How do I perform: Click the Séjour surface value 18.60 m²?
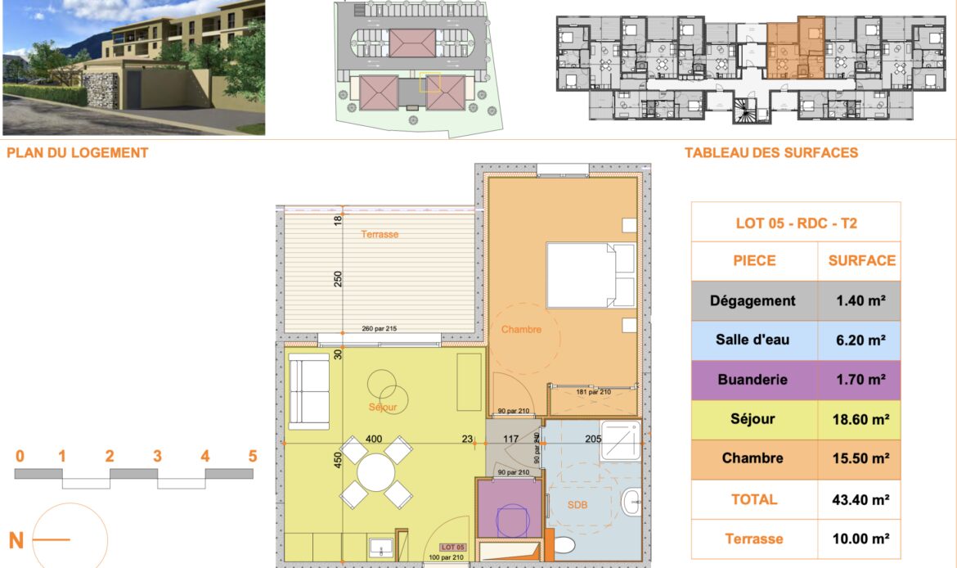860,420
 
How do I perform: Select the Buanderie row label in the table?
753,380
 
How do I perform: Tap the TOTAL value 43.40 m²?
860,500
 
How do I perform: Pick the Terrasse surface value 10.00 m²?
860,539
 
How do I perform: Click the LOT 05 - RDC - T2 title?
797,223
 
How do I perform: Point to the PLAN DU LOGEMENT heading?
78,153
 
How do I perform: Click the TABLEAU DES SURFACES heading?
771,153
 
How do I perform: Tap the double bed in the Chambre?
591,276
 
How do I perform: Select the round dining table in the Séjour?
376,472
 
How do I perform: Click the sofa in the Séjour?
309,391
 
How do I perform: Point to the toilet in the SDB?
562,544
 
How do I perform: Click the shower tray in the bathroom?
621,441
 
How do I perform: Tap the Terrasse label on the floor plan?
380,235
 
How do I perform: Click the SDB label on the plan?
577,505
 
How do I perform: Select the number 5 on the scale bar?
253,456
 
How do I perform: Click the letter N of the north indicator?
16,540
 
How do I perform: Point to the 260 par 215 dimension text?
379,328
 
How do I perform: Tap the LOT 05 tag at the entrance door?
453,548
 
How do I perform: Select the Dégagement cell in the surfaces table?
754,301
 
